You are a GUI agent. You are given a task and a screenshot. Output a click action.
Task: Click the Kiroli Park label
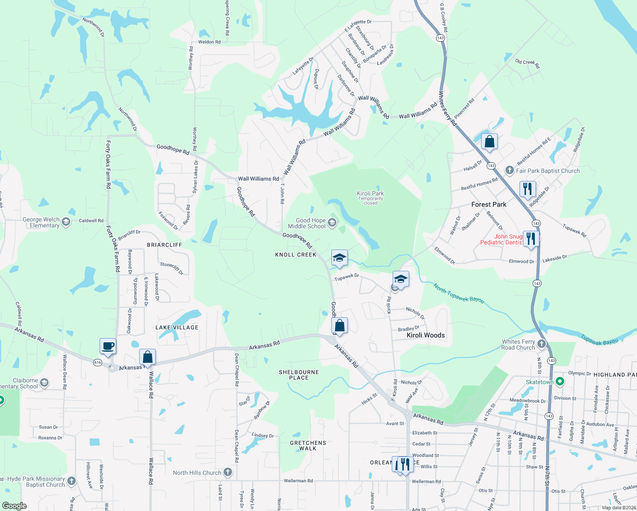(370, 193)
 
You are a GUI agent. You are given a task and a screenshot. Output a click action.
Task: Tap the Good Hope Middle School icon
(332, 222)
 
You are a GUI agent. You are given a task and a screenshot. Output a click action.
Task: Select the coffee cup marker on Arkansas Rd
(108, 346)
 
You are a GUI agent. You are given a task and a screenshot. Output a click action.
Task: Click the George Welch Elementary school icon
(66, 221)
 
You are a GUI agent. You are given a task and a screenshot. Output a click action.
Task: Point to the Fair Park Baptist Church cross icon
(510, 171)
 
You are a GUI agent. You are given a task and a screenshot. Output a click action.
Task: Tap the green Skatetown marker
(560, 382)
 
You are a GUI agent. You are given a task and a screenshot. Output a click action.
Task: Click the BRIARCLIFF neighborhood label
(164, 245)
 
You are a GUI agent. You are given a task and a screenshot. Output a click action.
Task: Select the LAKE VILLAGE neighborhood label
(177, 327)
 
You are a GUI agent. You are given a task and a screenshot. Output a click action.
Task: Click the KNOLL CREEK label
(296, 255)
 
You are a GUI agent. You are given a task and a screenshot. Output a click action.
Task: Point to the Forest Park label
(489, 204)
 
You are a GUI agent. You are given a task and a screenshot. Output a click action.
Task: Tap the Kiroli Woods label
(426, 335)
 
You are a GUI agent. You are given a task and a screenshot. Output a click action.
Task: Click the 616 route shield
(98, 362)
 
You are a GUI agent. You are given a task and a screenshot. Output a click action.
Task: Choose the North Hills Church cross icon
(228, 472)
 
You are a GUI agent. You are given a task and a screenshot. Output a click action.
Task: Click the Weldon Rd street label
(209, 42)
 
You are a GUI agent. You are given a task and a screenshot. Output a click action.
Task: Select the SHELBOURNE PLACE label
(299, 375)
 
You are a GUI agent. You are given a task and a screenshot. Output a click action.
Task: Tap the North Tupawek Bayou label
(459, 293)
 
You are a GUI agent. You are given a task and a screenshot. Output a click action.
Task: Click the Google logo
(14, 506)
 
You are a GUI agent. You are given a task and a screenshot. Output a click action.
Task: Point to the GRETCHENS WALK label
(308, 445)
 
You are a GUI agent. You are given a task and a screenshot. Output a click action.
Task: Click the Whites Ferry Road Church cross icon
(542, 344)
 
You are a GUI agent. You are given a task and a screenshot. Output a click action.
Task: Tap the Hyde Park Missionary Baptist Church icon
(72, 481)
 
